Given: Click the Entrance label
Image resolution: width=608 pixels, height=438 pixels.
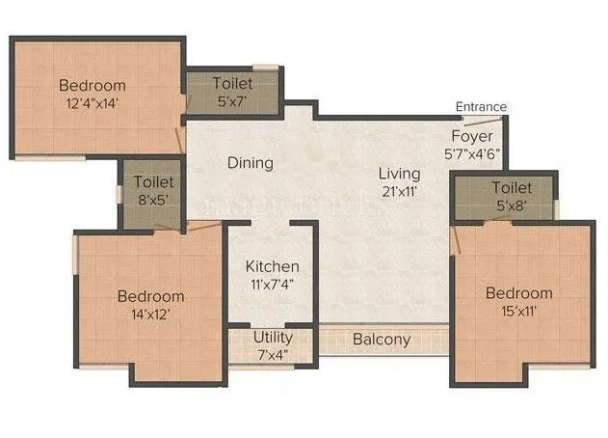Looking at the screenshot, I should (481, 106).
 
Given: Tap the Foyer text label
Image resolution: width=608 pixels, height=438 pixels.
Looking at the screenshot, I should (472, 137).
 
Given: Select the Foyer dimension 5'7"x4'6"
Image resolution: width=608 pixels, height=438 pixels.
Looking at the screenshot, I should (472, 153).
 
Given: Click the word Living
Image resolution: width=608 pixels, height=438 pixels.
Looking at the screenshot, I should (399, 174).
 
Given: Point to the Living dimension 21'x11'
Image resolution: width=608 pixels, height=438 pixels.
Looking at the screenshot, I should (399, 191).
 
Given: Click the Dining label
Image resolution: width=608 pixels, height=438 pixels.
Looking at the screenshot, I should (251, 163).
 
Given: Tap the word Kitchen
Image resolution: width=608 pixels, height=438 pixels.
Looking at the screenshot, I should (272, 266).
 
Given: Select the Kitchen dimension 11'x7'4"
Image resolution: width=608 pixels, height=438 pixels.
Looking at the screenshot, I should (272, 284).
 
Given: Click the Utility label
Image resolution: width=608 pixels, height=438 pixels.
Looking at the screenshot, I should (274, 338).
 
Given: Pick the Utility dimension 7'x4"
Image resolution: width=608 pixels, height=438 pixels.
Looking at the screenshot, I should (274, 354).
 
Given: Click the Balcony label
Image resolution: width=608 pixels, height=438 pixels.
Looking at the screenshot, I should (382, 340).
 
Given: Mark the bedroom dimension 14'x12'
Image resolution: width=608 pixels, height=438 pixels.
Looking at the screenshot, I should (149, 314).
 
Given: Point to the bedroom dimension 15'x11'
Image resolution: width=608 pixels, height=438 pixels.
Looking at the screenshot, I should (518, 311).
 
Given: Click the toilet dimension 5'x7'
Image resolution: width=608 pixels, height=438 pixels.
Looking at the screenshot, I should (232, 100).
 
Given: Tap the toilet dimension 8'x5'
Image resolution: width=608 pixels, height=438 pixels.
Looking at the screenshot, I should (154, 199).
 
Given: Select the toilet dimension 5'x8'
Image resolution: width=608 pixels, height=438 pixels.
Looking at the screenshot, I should (512, 205).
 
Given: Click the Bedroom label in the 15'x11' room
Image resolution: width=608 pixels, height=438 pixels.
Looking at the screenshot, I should (518, 293).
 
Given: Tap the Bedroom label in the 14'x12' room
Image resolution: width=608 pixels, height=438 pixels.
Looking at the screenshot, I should (150, 296).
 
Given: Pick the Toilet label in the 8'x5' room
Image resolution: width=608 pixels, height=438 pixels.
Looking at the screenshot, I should (154, 181).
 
